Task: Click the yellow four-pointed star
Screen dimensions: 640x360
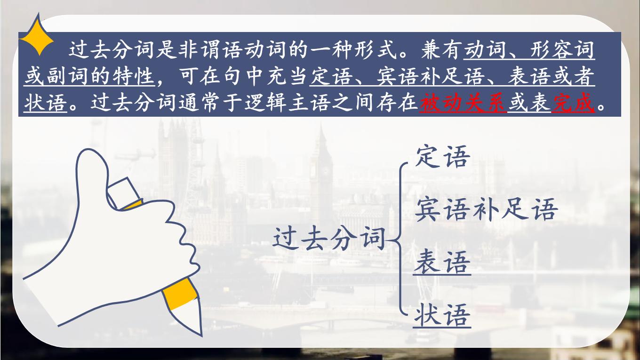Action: tap(37, 34)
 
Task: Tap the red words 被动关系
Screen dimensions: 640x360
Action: tap(463, 102)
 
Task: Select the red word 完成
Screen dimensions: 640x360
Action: tap(573, 102)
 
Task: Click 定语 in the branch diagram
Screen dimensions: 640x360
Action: tap(442, 157)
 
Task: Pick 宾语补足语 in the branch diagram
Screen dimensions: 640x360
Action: tap(486, 209)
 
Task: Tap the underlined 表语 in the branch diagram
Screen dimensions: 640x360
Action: tap(442, 262)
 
